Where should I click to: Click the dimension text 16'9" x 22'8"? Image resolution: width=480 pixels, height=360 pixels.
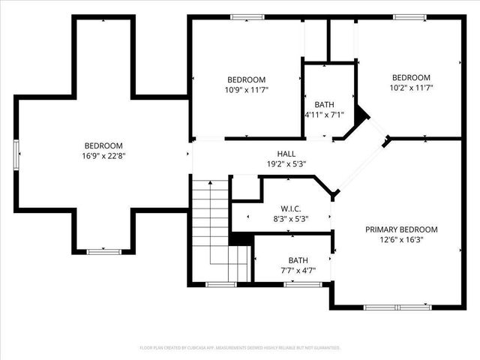click(103, 156)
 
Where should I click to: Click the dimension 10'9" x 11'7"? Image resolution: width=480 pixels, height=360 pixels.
click(247, 89)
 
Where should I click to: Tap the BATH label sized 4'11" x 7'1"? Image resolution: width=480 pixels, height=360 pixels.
click(324, 104)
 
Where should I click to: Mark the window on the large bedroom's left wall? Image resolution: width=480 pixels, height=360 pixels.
click(16, 155)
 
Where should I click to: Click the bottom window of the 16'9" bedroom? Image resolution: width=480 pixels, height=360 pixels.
click(104, 252)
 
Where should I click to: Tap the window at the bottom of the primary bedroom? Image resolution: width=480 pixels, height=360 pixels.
click(397, 307)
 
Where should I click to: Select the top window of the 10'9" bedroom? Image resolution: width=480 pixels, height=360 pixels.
click(247, 17)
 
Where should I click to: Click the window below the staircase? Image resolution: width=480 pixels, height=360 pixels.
click(220, 285)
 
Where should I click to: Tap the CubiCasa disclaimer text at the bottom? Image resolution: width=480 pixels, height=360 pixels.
click(240, 348)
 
